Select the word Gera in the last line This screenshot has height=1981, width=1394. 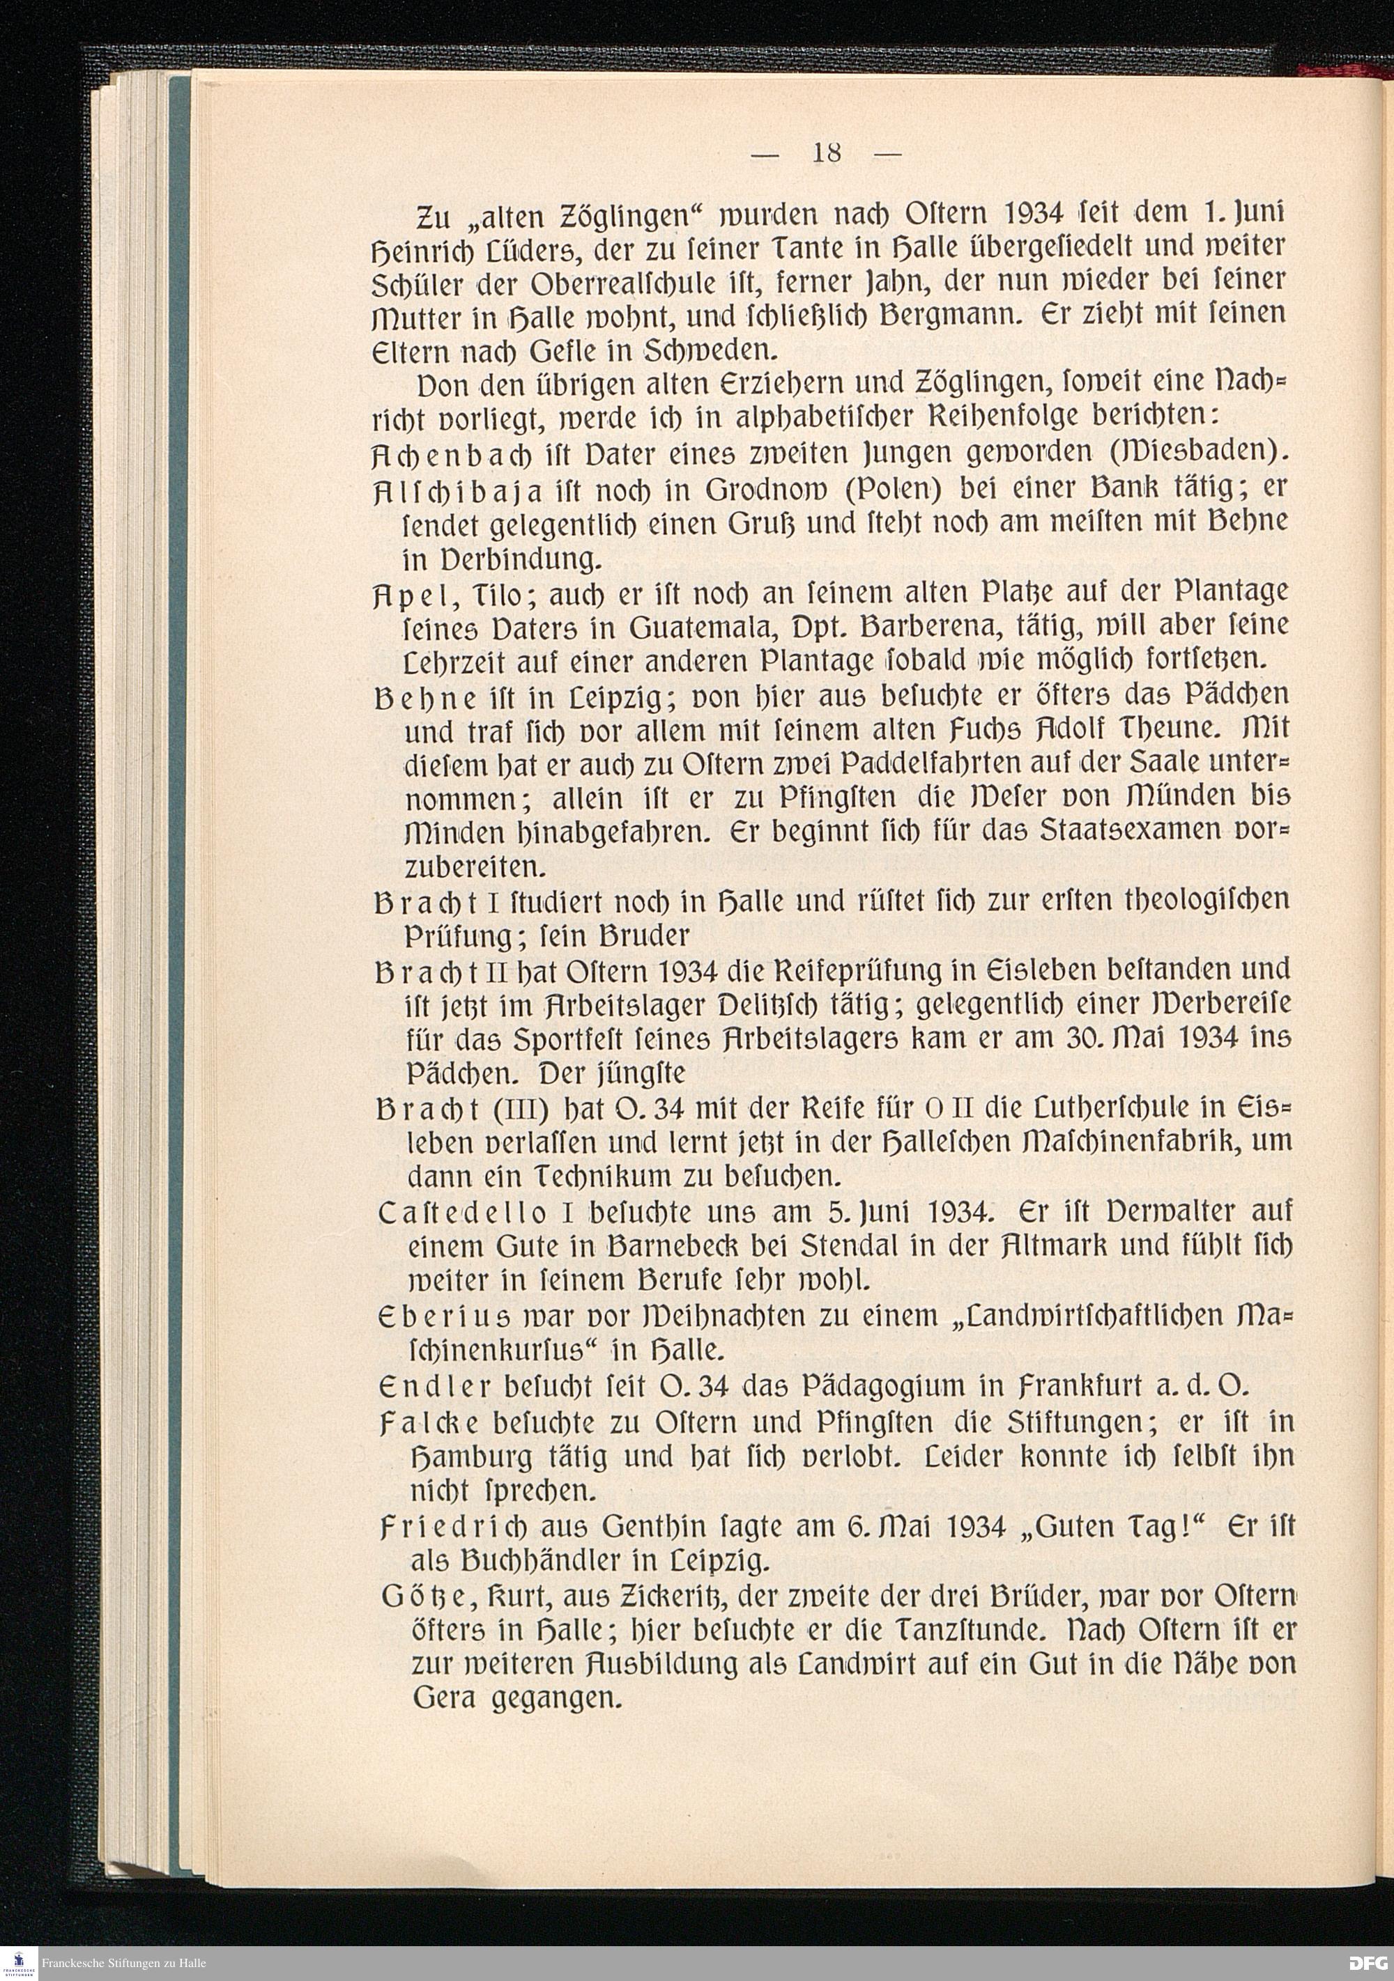coord(444,1700)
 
